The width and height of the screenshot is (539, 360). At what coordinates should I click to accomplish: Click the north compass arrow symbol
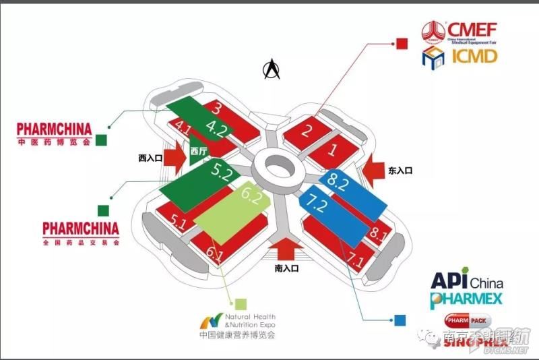coord(272,69)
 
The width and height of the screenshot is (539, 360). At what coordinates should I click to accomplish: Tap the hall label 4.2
coord(217,126)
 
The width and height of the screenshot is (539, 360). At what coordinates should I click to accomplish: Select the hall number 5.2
coord(221,172)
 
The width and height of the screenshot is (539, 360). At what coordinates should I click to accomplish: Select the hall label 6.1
coord(215,255)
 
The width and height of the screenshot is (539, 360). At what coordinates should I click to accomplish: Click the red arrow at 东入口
coord(373,171)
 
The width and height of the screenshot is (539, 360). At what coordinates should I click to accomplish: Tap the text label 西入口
coord(151,158)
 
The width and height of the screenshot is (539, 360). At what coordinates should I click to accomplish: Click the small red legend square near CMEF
coord(402,43)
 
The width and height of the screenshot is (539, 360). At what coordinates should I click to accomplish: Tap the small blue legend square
coord(402,320)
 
